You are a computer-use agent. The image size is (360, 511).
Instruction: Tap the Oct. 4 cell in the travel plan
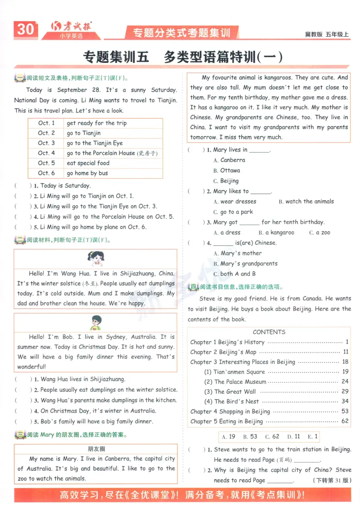click(x=46, y=153)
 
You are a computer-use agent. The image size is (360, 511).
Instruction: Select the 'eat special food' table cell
click(x=88, y=163)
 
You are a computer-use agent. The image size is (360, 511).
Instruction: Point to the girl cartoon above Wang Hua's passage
click(x=95, y=260)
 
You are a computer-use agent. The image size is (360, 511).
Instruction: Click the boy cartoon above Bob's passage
click(x=95, y=323)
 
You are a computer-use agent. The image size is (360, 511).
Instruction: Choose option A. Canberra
click(x=229, y=160)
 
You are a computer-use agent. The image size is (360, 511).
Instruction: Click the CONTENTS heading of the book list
click(x=269, y=332)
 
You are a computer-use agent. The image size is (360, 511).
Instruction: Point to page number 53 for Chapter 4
click(x=345, y=411)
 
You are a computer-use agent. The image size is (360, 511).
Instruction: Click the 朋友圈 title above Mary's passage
click(x=96, y=449)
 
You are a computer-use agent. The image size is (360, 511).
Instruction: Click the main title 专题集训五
click(x=116, y=57)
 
